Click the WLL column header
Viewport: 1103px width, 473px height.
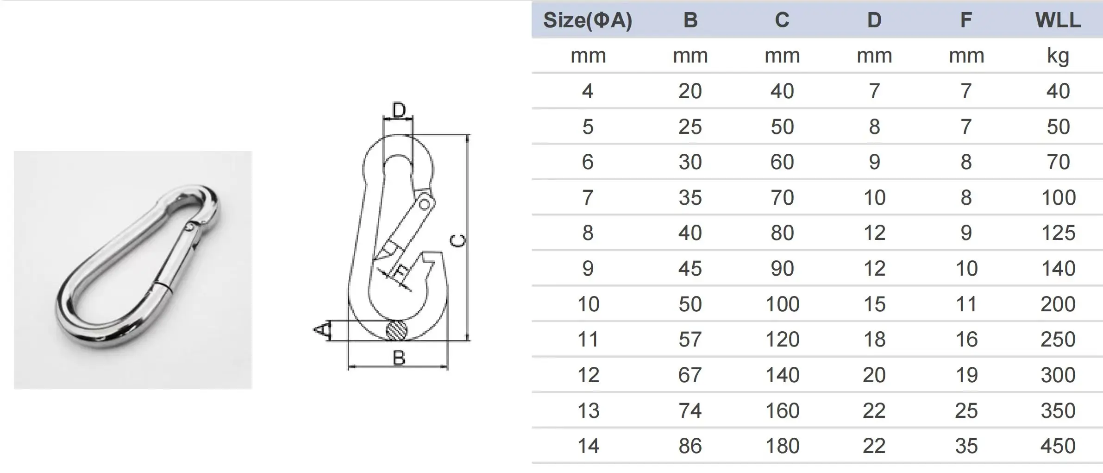coord(1058,20)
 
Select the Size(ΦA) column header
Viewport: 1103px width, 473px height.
coord(587,20)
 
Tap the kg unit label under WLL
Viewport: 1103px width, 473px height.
coord(1058,56)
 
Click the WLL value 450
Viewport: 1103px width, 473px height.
coord(1058,446)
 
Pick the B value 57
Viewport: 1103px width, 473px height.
coord(690,339)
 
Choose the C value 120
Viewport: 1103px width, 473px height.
coord(782,339)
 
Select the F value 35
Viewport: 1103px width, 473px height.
coord(966,446)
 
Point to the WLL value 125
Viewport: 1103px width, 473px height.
coord(1058,233)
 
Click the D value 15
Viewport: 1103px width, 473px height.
coord(874,304)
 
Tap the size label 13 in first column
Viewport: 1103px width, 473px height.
coord(588,410)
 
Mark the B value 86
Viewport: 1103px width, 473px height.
coord(690,446)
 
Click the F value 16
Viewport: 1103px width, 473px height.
coord(966,339)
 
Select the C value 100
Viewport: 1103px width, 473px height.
coord(782,304)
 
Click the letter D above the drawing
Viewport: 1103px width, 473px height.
coord(398,110)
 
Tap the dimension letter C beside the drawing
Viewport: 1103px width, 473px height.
coord(458,240)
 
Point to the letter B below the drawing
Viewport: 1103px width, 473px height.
coord(398,358)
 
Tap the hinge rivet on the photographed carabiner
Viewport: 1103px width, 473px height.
coord(189,227)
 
